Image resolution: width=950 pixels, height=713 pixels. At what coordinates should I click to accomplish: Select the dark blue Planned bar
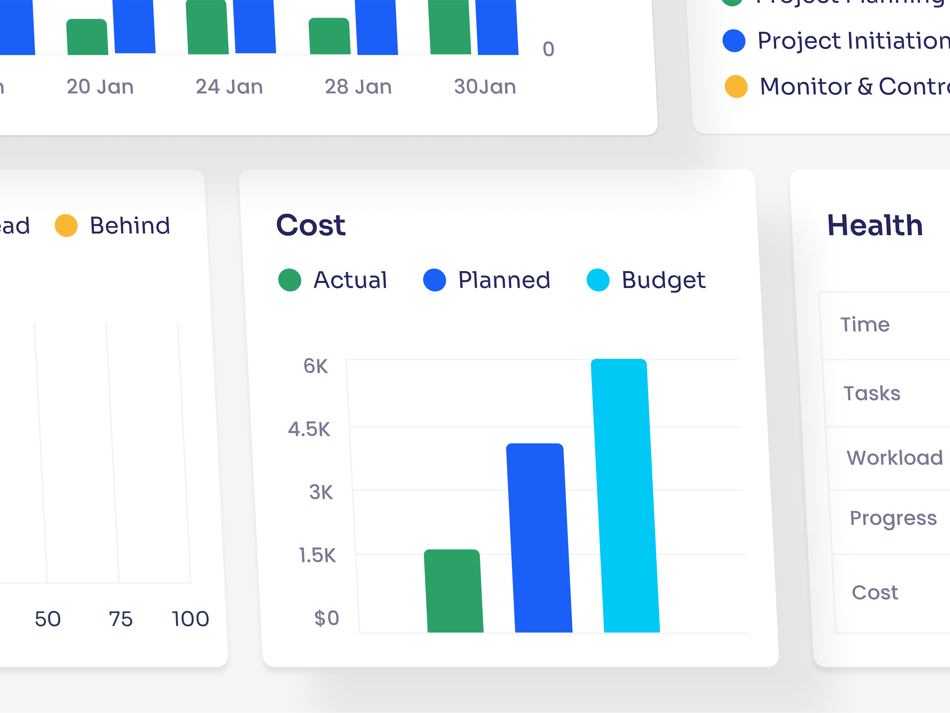[x=539, y=539]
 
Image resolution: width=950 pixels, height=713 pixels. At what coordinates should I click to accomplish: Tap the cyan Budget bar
[x=625, y=496]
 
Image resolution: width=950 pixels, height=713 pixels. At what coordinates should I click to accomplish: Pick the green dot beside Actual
[x=290, y=280]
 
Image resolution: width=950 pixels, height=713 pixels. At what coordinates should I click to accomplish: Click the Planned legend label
[x=504, y=280]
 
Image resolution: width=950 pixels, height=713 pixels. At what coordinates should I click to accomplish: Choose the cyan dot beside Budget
[x=598, y=280]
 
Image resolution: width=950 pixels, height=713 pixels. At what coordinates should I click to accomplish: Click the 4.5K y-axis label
[x=309, y=429]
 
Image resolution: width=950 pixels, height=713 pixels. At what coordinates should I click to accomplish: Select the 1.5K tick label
[x=317, y=555]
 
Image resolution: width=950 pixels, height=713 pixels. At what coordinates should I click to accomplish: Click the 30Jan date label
[x=485, y=87]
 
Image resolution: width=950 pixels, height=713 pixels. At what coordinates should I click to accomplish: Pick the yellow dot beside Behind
[x=66, y=225]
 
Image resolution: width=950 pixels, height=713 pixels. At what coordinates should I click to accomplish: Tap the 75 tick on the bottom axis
[x=121, y=619]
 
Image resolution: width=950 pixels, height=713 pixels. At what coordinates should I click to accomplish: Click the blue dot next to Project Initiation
[x=734, y=41]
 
